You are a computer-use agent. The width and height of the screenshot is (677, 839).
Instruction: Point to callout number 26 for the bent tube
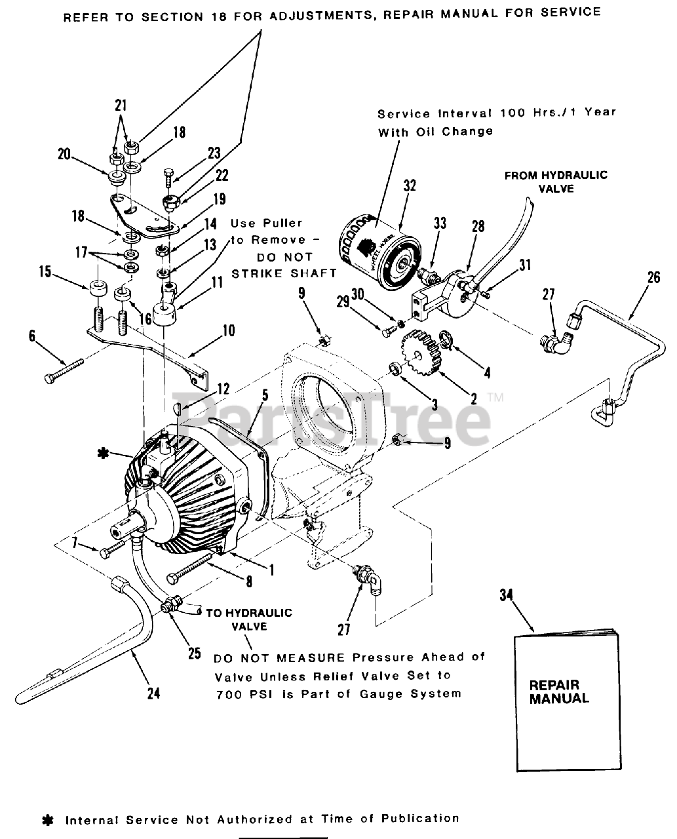(x=653, y=277)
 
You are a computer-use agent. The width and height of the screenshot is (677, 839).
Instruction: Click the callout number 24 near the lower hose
(x=153, y=693)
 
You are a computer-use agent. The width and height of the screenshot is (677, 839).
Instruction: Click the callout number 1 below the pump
(x=271, y=570)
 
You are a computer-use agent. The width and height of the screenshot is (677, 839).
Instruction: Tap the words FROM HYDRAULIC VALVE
(x=555, y=182)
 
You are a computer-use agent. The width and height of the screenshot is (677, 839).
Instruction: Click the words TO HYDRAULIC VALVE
(x=249, y=619)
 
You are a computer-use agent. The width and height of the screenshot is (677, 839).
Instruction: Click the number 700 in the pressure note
(x=228, y=693)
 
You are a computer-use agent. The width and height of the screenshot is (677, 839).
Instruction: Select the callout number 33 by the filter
(x=440, y=224)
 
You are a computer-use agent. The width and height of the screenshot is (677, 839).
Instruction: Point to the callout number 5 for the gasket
(x=265, y=395)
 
